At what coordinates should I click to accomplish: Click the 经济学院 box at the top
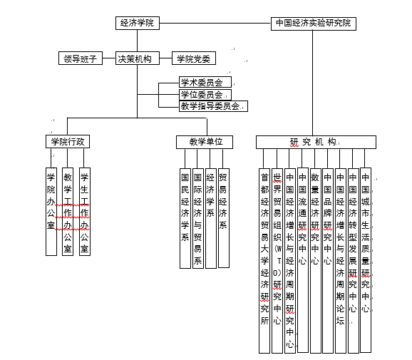point(138,23)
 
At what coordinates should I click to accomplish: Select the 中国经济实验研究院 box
point(314,24)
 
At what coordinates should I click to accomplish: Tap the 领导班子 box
point(81,58)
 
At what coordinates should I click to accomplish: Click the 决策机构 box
point(138,58)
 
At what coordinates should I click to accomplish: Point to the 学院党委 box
point(194,58)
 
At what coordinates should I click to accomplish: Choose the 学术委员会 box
point(205,82)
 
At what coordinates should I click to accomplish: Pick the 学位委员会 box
point(205,95)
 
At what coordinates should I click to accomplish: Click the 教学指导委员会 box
point(213,106)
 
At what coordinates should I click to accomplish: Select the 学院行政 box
point(68,142)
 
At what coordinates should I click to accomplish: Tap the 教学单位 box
point(205,142)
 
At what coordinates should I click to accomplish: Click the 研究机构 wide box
point(316,142)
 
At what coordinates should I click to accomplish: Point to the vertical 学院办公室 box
point(51,212)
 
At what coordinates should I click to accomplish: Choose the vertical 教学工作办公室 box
point(68,212)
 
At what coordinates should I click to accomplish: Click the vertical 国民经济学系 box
point(185,218)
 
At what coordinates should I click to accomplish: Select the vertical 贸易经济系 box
point(224,218)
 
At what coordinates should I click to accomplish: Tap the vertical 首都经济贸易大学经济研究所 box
point(264,261)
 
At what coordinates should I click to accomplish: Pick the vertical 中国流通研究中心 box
point(303,260)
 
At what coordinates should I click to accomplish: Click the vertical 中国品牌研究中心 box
point(328,261)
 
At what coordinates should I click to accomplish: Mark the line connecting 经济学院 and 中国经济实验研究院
point(215,23)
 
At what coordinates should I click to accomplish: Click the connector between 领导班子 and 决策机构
point(109,58)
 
